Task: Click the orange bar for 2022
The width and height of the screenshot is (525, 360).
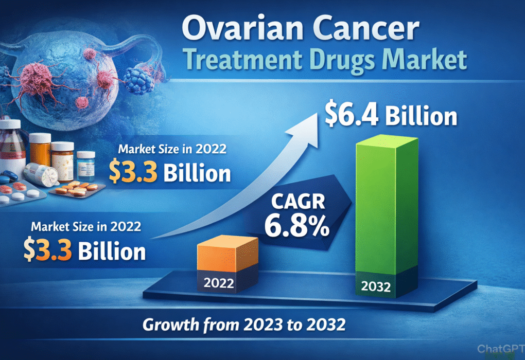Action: (x=228, y=255)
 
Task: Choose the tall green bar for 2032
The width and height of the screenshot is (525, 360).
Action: (x=383, y=206)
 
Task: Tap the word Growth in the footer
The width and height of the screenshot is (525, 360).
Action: (x=171, y=326)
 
